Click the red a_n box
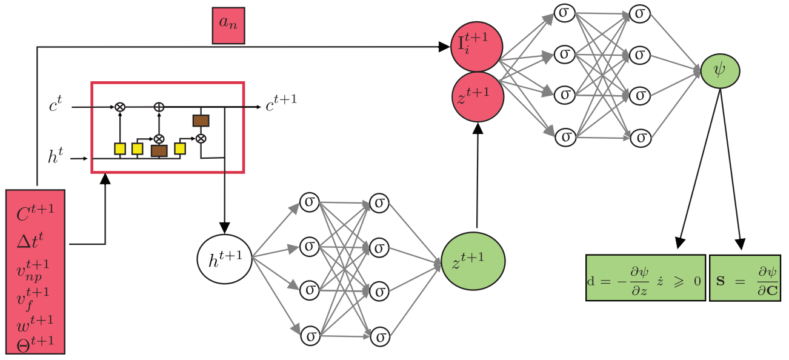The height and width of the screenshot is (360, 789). coord(228,26)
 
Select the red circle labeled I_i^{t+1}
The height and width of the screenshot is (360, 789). coord(476,46)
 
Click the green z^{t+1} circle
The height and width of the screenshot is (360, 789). coord(473,261)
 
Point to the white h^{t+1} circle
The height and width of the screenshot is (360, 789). coord(224,259)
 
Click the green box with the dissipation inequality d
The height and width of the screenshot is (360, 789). coord(645,278)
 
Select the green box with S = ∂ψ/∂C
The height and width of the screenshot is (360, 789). coord(745,278)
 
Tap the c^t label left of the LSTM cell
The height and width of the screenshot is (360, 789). coord(56,106)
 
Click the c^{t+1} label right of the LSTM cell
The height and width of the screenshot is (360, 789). coord(281,105)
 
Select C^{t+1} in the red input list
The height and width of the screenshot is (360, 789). coord(35,213)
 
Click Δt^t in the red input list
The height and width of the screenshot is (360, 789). coord(31,241)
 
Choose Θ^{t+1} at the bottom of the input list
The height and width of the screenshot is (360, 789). coord(35,342)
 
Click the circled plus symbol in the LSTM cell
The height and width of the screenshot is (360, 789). coord(159,107)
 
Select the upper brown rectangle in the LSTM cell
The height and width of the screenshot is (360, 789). coord(201,121)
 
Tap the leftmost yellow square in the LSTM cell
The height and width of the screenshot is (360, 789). coord(120,148)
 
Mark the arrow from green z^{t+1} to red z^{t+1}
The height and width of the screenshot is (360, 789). coord(478,176)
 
